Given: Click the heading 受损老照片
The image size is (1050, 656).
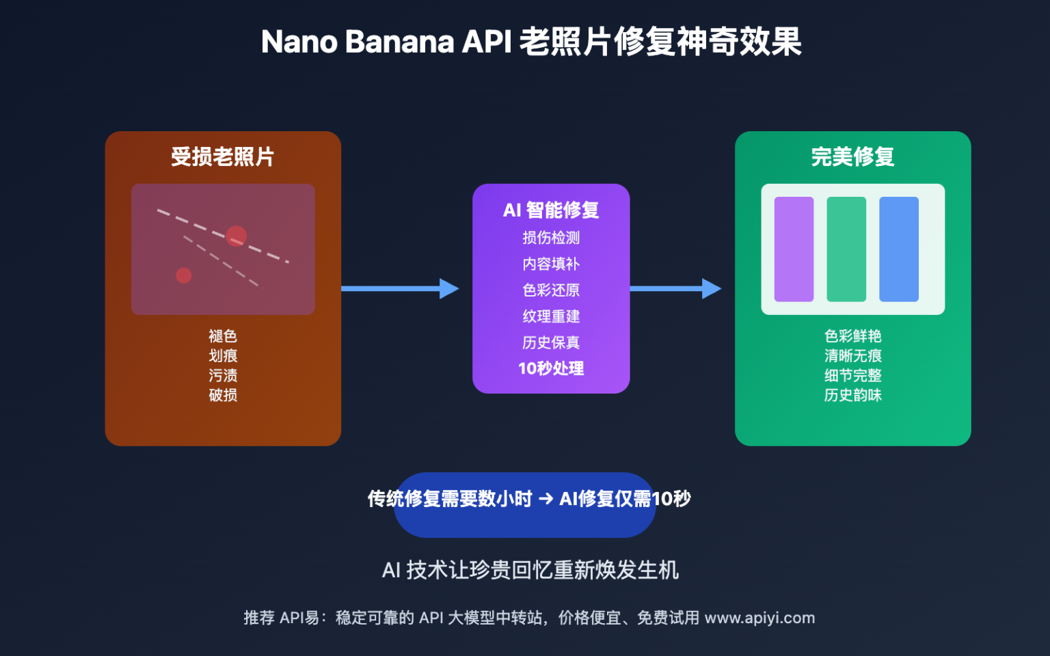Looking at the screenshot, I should (222, 156).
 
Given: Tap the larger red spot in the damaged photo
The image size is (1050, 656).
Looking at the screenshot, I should (236, 236).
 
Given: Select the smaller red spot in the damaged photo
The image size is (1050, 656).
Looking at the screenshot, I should (183, 275).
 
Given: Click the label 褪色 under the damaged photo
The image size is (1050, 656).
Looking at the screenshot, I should (223, 336).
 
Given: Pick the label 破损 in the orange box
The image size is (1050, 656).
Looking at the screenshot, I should (223, 395).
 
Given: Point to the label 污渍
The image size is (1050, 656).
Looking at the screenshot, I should (223, 375).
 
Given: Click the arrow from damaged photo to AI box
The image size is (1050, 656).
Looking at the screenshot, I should (400, 288).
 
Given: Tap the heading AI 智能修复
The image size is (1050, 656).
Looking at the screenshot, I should (551, 210).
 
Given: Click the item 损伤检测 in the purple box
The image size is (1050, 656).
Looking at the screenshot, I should (551, 238).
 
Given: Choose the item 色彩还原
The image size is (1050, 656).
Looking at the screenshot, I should (551, 290).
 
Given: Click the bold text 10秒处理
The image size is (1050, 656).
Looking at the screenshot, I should (551, 368).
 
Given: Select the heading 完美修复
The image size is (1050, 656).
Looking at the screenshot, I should (852, 156).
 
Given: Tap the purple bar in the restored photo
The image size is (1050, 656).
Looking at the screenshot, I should (794, 249).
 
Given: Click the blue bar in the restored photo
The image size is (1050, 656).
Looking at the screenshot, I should (898, 249).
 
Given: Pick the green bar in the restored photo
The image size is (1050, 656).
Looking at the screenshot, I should (846, 249).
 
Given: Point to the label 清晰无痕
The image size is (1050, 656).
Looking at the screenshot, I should (852, 355).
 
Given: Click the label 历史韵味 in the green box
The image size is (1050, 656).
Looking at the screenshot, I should (852, 395).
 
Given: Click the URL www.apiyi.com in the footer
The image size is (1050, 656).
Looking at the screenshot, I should (759, 618).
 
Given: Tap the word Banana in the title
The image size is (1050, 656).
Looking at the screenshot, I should (399, 42).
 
